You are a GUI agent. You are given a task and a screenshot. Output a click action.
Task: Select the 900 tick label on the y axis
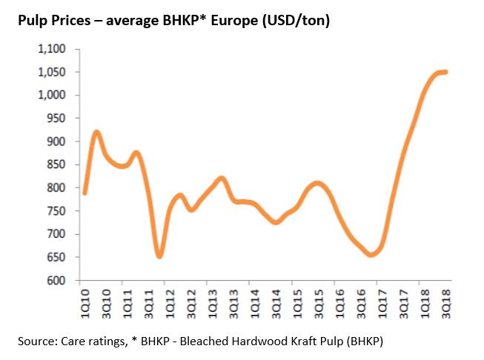coord(58,141)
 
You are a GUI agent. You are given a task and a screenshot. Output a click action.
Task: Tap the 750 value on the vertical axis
coord(58,211)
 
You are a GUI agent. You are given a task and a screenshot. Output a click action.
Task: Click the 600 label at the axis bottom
coord(58,281)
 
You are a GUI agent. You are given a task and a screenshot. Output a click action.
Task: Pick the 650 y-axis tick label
coord(58,258)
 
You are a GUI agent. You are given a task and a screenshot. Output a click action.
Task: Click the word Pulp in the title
coord(33,21)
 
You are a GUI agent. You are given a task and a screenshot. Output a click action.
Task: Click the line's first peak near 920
coord(96,133)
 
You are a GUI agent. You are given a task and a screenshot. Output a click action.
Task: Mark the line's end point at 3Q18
coord(446,72)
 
